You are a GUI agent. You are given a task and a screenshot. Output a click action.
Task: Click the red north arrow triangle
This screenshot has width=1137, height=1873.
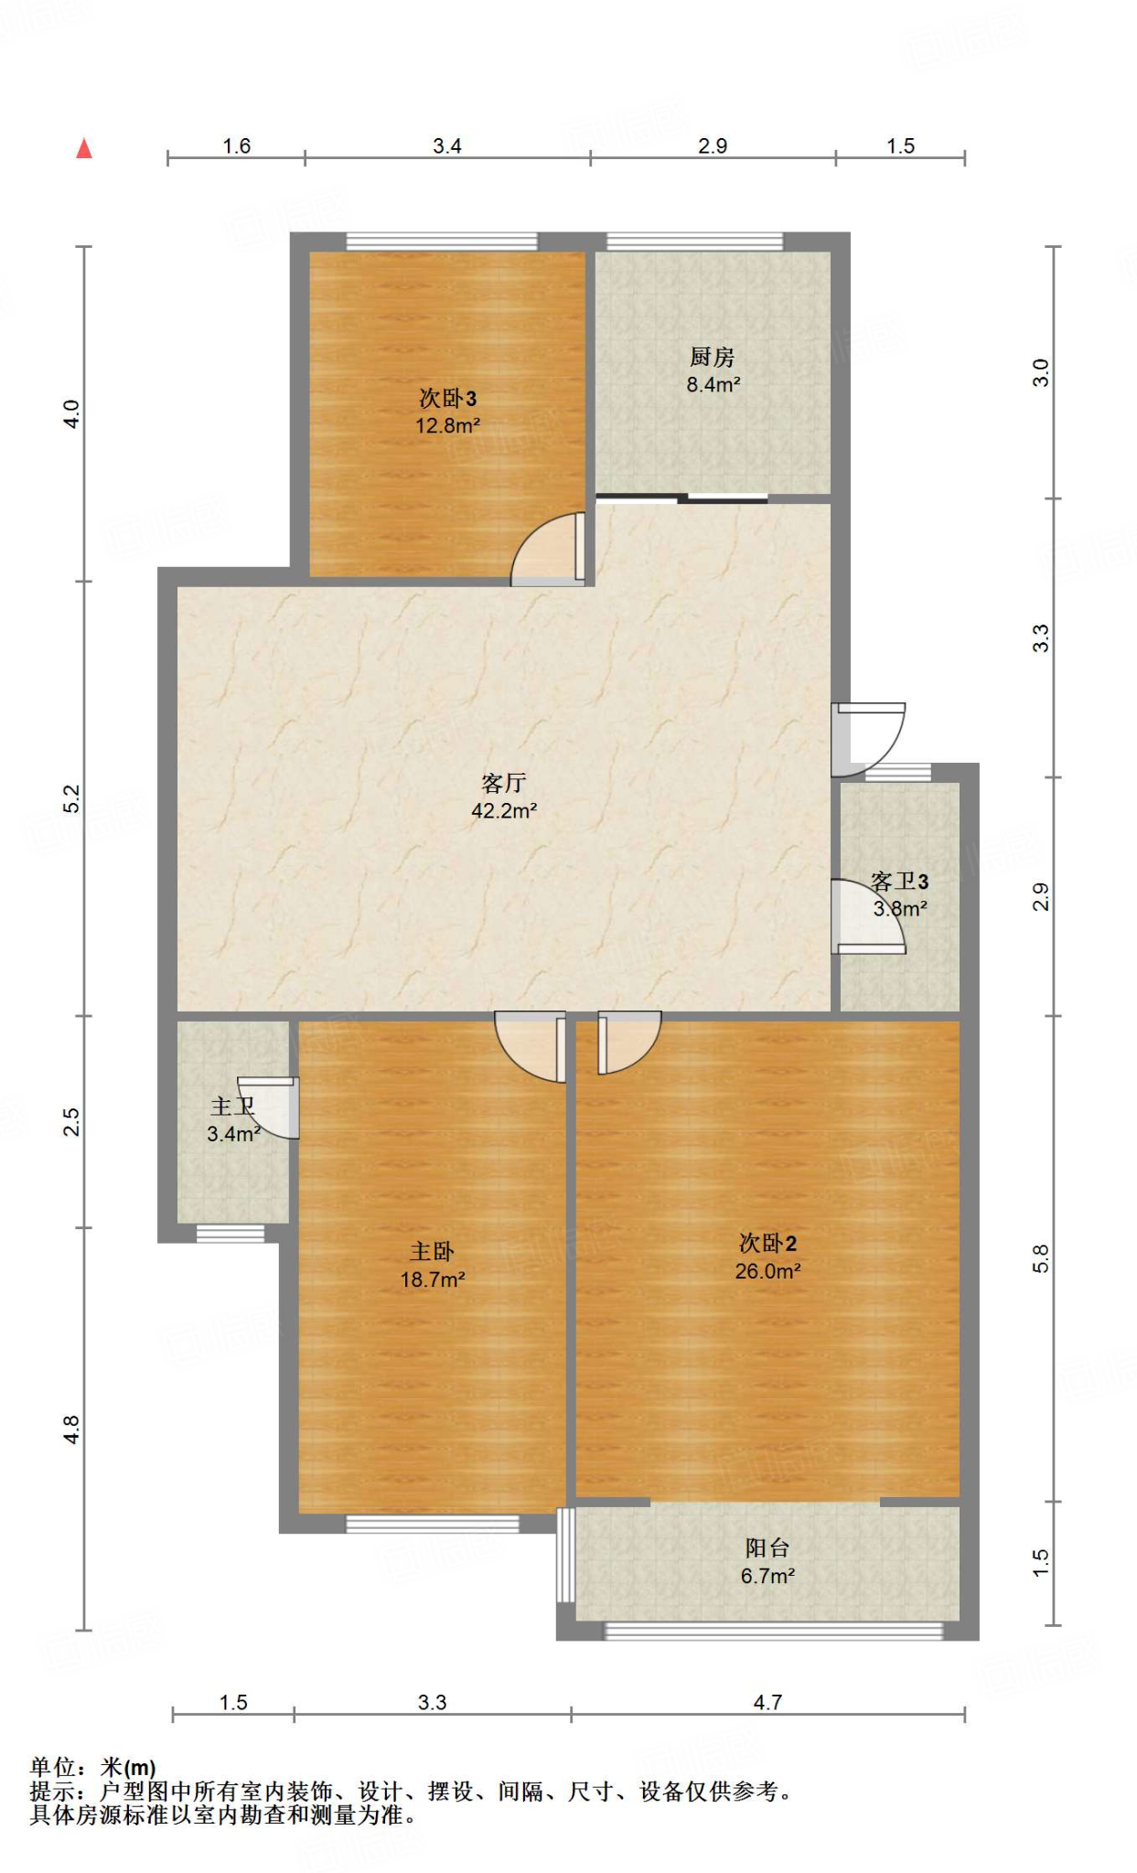tap(84, 148)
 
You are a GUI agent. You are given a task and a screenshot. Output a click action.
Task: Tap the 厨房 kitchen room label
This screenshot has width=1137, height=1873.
tap(713, 357)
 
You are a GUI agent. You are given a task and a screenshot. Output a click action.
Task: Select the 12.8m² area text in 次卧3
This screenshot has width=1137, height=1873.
tap(448, 425)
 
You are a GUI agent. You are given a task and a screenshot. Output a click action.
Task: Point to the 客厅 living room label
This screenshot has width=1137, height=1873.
tap(504, 783)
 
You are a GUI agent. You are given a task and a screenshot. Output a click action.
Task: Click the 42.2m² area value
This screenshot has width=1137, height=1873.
tap(504, 810)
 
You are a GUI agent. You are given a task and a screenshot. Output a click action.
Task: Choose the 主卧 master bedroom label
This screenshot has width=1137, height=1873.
tap(432, 1251)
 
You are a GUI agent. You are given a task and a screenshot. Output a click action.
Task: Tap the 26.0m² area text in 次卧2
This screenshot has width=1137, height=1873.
tap(768, 1270)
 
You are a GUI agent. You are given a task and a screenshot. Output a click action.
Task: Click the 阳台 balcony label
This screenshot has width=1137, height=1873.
tap(767, 1547)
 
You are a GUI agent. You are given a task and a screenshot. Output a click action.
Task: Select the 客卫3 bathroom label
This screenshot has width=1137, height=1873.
tap(900, 881)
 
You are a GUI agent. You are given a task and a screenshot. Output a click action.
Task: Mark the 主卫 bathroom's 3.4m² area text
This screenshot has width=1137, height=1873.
tap(234, 1134)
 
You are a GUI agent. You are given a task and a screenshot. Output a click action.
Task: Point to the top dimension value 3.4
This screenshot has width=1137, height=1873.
tap(447, 146)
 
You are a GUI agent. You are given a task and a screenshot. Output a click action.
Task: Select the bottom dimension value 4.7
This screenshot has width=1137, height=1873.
tap(768, 1702)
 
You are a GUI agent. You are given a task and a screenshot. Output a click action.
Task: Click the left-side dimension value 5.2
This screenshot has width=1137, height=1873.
tap(72, 798)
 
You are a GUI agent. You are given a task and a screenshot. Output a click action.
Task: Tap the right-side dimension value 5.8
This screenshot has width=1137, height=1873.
tap(1041, 1259)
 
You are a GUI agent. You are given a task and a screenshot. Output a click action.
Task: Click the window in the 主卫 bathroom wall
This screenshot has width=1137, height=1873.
tap(231, 1234)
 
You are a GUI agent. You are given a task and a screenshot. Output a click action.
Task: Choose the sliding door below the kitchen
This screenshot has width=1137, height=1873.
tap(681, 498)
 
